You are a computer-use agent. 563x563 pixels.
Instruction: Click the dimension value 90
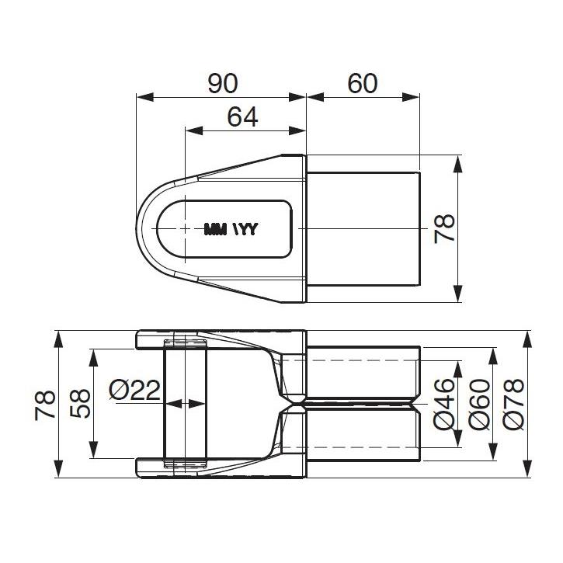pos(223,83)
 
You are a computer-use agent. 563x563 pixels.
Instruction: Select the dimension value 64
pos(243,117)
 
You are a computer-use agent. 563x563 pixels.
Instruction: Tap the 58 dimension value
pos(80,403)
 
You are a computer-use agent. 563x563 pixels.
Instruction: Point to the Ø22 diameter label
pos(134,390)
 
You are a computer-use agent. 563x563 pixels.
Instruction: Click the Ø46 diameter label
pos(444,404)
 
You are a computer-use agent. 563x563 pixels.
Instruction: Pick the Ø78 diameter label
pos(513,404)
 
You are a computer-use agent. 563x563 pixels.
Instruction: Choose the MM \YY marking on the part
pos(231,229)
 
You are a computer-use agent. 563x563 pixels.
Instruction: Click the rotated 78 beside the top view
pos(444,229)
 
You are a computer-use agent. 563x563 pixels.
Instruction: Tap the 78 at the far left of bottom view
pos(45,405)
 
